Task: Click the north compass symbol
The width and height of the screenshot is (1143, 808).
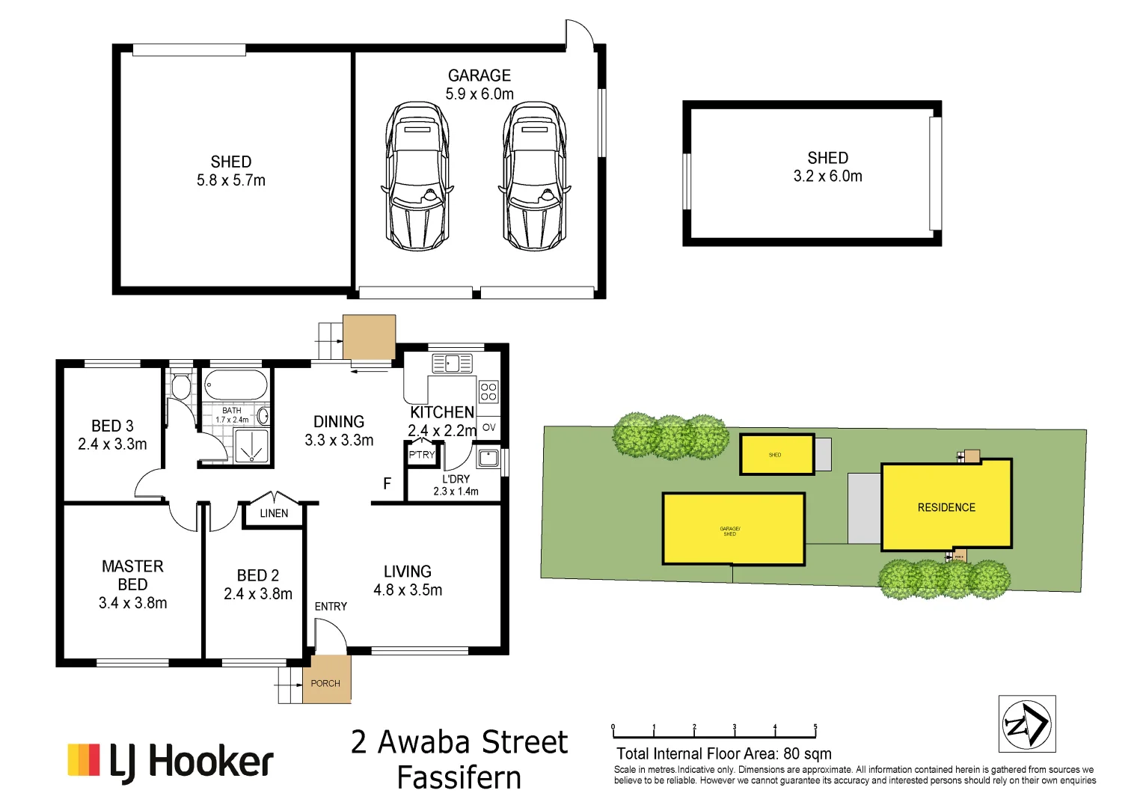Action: coord(1026,723)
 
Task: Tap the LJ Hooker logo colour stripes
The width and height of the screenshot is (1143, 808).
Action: coord(83,759)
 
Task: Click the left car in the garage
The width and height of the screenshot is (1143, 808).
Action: coord(417,177)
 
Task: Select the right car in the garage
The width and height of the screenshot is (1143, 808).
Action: coord(534,177)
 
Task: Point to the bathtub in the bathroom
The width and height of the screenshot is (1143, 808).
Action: coord(236,386)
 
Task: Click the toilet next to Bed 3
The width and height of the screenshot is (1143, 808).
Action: coord(180,385)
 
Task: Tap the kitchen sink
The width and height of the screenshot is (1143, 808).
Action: coord(452,364)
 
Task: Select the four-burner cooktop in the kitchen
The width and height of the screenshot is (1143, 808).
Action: coord(488,392)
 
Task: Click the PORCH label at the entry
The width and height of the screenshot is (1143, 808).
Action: coord(325,683)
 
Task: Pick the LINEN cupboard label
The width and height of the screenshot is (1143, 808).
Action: coord(274,513)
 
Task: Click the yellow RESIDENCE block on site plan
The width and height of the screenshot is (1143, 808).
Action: coord(946,506)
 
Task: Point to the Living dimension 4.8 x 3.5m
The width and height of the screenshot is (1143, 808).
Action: coord(408,590)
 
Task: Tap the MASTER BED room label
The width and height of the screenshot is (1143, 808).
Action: coord(132,575)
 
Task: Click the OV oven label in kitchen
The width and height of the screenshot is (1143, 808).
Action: coord(488,427)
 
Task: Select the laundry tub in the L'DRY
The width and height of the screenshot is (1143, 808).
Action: coord(488,456)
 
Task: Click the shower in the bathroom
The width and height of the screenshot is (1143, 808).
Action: coord(251,446)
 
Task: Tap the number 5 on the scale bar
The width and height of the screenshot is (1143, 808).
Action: coord(815,727)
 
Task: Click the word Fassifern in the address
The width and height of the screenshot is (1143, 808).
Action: coord(459,778)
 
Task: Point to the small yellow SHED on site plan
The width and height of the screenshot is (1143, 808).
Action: coord(776,454)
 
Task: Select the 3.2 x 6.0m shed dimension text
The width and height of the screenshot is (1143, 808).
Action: coord(827,177)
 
